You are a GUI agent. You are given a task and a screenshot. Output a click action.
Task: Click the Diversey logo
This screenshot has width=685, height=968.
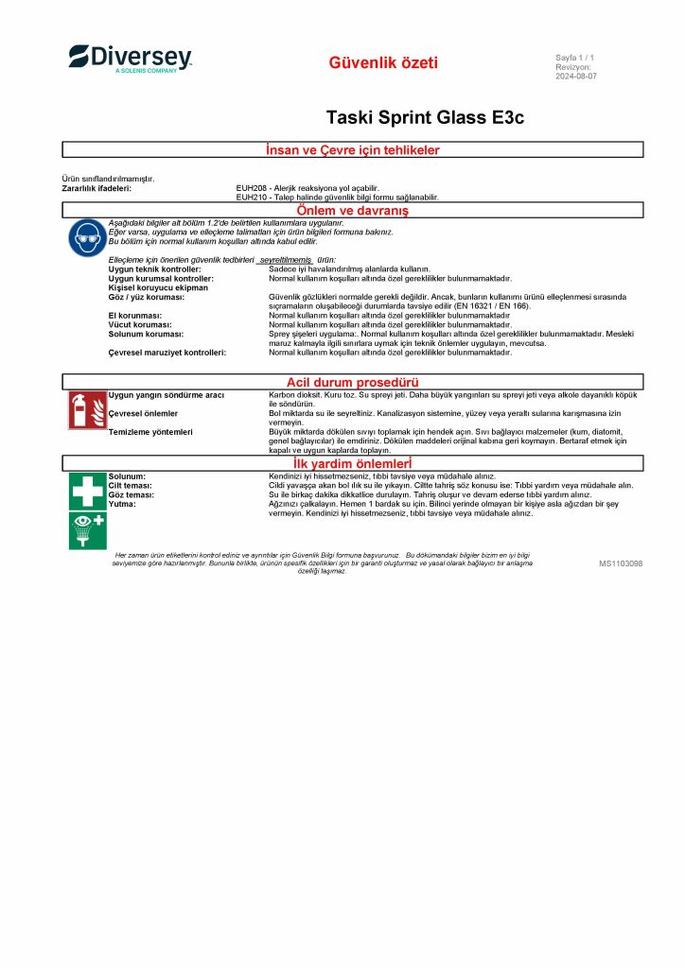[130, 59]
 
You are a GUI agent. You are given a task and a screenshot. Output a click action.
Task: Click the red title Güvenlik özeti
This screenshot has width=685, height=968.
[383, 63]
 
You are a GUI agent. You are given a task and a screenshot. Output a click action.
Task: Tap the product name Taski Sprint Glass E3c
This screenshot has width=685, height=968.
[424, 117]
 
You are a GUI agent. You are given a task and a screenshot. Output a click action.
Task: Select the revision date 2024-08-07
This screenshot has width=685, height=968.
[576, 77]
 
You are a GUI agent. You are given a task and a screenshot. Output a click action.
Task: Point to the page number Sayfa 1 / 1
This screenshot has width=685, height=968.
[574, 59]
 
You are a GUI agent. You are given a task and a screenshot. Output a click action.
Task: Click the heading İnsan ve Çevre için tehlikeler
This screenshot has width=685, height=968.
[353, 149]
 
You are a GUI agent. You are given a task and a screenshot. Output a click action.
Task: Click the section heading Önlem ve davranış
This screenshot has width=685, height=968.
[353, 210]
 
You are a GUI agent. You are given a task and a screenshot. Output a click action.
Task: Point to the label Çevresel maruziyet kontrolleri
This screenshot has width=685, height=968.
[167, 352]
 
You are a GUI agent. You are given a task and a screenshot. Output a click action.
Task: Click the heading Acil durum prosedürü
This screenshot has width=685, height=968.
[353, 382]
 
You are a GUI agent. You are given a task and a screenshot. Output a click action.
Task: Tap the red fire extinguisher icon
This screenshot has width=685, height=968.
[87, 409]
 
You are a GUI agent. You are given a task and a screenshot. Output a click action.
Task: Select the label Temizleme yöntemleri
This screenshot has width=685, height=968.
[150, 432]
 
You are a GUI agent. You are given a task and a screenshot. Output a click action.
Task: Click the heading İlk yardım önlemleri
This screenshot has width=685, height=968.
[353, 463]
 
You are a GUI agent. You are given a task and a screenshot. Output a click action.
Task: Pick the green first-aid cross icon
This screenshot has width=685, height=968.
[87, 491]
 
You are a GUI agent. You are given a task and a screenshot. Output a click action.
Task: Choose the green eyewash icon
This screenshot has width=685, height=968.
[87, 529]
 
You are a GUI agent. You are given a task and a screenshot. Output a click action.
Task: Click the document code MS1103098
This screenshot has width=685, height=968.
[621, 563]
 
